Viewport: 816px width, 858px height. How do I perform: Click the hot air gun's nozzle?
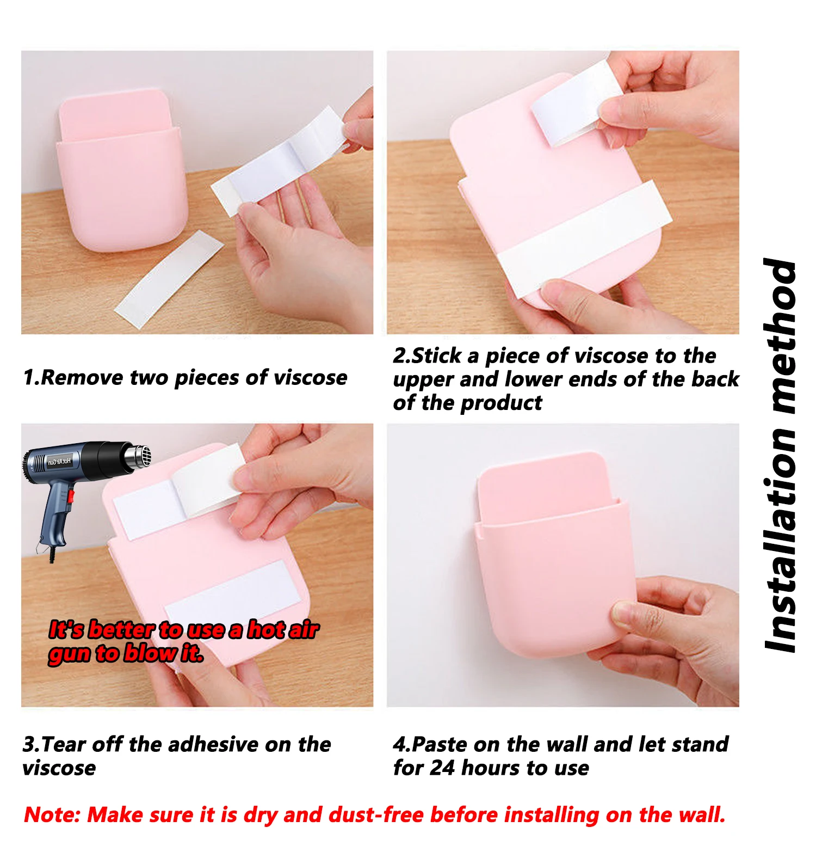(138, 456)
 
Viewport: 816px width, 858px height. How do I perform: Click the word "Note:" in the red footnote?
(52, 814)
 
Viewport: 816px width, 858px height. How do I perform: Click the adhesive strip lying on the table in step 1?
(169, 279)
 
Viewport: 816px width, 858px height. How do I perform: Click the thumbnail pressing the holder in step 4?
(623, 614)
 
